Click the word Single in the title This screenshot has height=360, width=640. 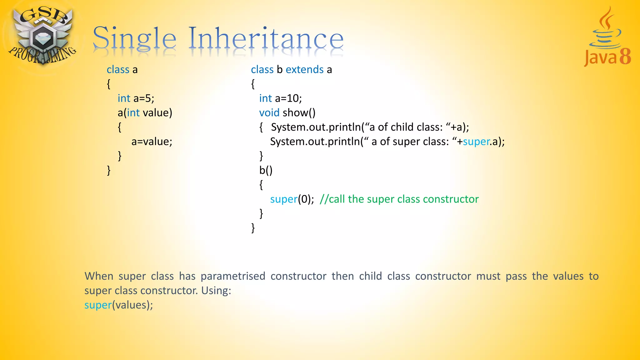(134, 39)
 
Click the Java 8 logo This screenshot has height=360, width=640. (607, 37)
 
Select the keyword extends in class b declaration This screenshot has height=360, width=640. (304, 69)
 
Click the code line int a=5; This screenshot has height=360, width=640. (136, 98)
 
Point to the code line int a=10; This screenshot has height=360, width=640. (280, 98)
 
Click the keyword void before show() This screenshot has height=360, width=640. (269, 113)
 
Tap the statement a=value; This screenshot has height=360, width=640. (152, 142)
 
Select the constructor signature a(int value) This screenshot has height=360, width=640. (145, 113)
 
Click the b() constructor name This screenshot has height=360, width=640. (266, 170)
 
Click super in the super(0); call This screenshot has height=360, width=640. (283, 199)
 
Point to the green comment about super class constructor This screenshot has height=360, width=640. (399, 199)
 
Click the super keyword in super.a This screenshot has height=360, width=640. (476, 142)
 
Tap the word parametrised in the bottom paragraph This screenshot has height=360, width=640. (233, 276)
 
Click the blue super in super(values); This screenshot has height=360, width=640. (98, 305)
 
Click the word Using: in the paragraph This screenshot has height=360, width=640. (216, 291)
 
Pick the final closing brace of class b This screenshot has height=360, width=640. (253, 228)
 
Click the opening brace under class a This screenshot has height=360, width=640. (108, 84)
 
